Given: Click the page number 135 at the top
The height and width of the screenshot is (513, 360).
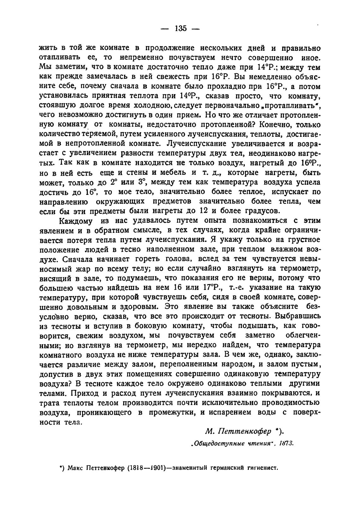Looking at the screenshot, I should [180, 28].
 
